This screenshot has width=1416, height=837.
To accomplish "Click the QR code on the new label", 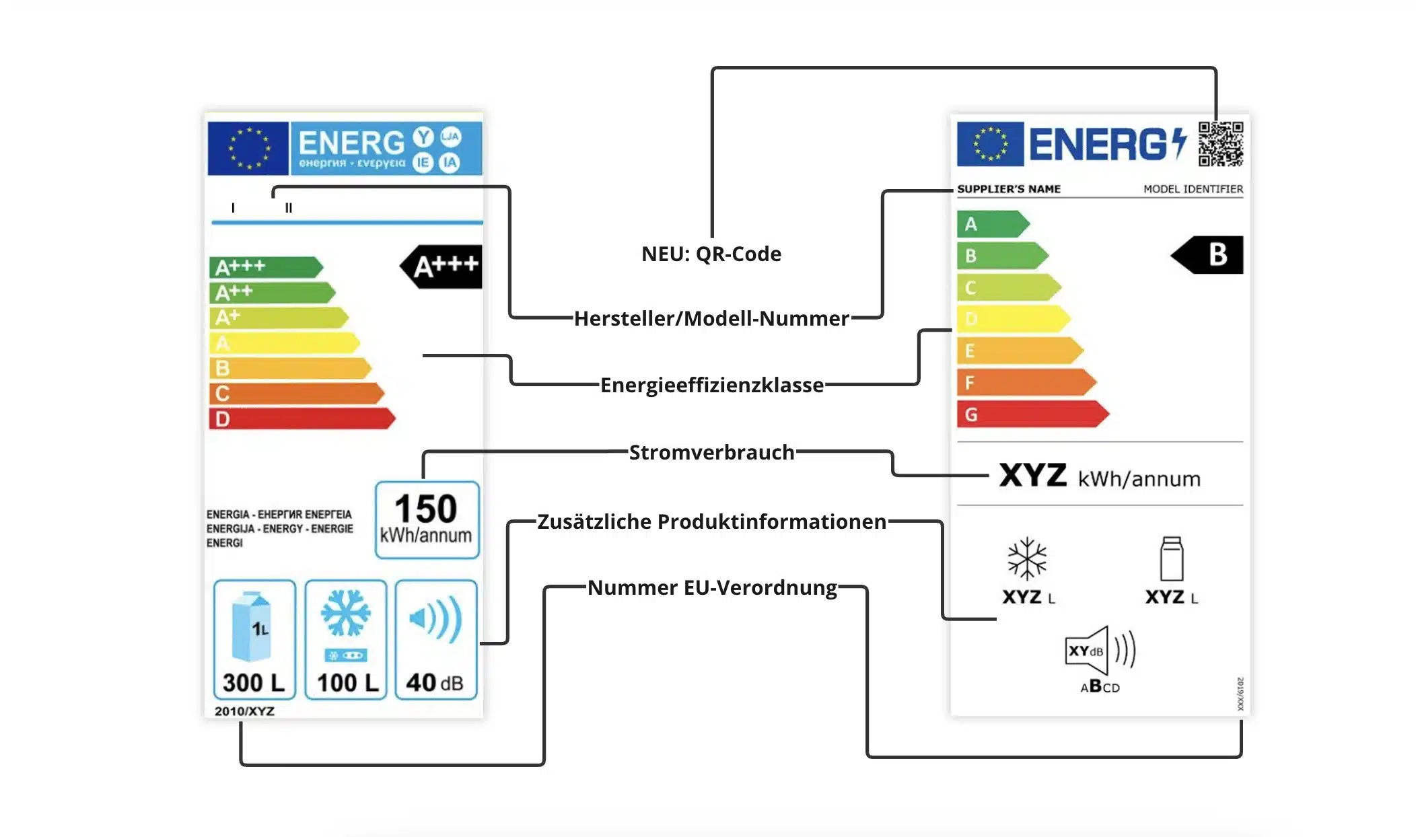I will (x=1220, y=144).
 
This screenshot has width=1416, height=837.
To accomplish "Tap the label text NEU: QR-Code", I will (x=711, y=254).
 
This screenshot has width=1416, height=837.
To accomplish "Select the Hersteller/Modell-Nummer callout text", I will (x=711, y=318).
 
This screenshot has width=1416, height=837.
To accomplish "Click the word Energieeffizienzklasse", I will (x=711, y=385).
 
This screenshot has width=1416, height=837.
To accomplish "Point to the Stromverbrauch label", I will (x=711, y=452).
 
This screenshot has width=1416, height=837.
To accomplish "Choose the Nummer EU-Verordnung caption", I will (x=711, y=587).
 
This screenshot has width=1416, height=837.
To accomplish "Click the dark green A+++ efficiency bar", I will (x=265, y=267).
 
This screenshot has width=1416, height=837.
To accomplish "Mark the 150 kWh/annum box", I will (x=427, y=519).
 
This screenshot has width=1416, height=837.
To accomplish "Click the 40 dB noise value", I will (x=435, y=682).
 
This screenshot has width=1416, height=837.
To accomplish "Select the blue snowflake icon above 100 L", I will (x=345, y=613).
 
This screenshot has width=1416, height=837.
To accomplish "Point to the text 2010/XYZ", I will (x=244, y=711).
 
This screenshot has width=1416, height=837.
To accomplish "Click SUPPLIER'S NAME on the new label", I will (x=1008, y=189).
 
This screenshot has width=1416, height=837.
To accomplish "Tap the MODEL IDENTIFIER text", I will (x=1193, y=189).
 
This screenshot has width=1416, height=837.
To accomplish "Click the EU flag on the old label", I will (x=248, y=148).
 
